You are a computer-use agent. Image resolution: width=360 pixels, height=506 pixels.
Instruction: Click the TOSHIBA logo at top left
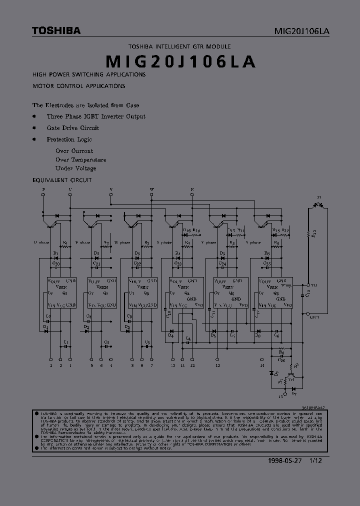56,31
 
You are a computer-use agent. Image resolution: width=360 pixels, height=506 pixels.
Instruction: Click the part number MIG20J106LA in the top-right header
301,31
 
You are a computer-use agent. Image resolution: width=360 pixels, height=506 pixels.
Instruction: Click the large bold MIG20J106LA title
181,61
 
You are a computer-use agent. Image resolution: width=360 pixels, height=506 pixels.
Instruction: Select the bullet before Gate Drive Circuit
34,127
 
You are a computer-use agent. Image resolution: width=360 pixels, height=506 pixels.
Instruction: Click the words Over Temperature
80,159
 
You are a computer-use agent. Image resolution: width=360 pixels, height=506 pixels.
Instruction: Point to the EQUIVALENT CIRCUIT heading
61,179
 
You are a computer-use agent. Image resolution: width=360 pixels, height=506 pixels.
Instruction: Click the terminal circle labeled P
43,194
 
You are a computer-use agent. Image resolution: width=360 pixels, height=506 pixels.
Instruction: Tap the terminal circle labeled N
192,194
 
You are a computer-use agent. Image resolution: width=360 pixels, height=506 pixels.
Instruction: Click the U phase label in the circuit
42,242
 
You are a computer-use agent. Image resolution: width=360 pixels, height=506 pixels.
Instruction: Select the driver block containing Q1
61,292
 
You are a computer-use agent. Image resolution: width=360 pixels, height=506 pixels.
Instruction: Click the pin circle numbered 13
217,359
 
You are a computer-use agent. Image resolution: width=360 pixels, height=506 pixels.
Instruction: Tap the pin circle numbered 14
262,359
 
